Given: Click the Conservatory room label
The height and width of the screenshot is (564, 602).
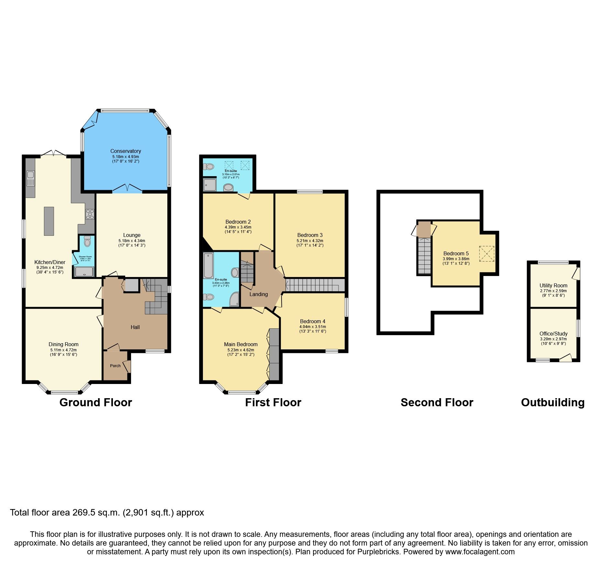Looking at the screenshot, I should tap(126, 151).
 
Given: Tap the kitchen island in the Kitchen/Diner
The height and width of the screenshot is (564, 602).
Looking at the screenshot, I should tap(49, 221).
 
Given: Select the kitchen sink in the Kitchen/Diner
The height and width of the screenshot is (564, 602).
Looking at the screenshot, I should tap(30, 179).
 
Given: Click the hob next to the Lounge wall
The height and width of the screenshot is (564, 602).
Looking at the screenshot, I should tap(90, 214).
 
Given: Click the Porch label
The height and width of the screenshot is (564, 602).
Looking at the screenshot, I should tap(115, 366).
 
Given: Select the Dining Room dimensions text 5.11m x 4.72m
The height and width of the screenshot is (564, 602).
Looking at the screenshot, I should tap(63, 350).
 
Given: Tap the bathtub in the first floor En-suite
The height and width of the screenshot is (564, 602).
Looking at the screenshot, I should tap(208, 265).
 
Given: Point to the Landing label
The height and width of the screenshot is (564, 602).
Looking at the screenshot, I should tap(259, 294).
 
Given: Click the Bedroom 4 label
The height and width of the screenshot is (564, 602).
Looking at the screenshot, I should tap(313, 321).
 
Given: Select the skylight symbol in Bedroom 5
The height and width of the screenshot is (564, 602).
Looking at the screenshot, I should tap(487, 254).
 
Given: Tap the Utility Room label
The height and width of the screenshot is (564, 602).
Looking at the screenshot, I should tap(553, 285).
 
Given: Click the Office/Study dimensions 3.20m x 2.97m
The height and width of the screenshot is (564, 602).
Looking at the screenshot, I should tap(553, 339).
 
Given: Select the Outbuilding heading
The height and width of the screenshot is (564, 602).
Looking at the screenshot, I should tap(552, 402).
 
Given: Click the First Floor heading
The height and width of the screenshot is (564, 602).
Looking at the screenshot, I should tap(273, 402).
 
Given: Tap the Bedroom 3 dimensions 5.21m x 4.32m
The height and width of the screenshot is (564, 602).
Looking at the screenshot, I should tap(310, 241).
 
